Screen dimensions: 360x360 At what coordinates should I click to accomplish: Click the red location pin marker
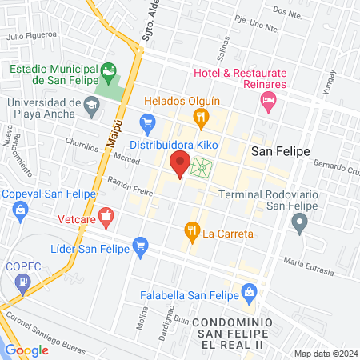tap(180, 164)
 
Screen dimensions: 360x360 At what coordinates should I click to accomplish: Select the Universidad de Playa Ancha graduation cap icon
tap(92, 104)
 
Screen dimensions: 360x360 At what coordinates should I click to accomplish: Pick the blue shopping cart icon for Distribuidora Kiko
tap(146, 122)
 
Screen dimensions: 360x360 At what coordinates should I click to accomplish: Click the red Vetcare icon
tap(107, 216)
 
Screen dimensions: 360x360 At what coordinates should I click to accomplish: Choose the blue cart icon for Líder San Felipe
tap(141, 244)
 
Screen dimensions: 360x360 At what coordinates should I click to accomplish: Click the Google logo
tap(26, 350)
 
